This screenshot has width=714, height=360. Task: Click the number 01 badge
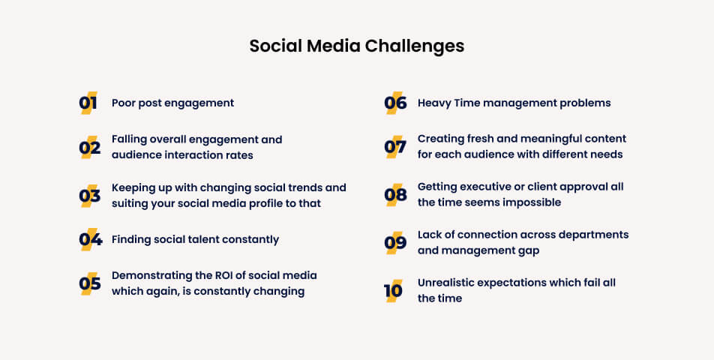(x=88, y=103)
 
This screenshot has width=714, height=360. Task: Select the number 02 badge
(x=89, y=148)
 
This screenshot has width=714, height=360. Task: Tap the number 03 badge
(x=89, y=196)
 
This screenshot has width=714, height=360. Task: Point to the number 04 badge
(x=89, y=240)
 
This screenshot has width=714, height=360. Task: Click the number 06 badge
(x=394, y=103)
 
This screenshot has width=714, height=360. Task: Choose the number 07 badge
(x=394, y=147)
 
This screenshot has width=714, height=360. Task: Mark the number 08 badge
(x=394, y=195)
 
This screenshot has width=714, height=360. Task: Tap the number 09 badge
(x=394, y=242)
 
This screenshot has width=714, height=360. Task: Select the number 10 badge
(x=393, y=290)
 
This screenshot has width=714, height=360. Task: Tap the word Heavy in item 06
(x=434, y=103)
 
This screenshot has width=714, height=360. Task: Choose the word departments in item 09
(x=592, y=235)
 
